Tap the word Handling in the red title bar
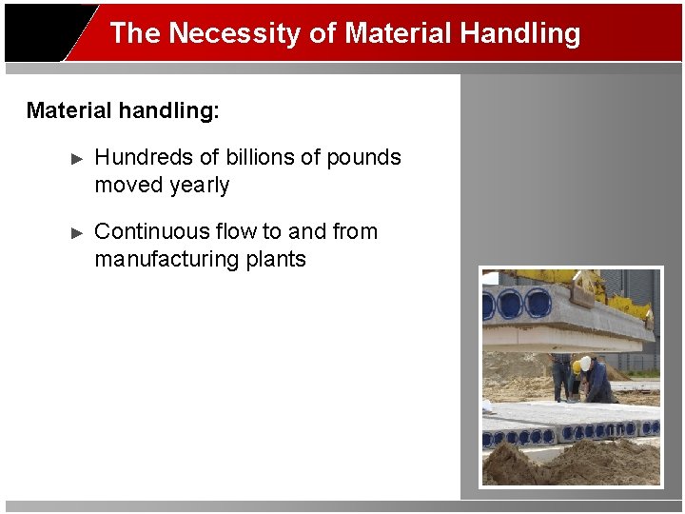pos(519,33)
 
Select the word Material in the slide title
pos(398,33)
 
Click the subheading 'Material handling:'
pos(123,110)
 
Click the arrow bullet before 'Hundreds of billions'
pos(78,158)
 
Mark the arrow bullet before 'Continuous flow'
pos(78,232)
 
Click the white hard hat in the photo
pos(586,363)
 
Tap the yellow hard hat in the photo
pos(576,367)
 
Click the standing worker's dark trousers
pos(561,381)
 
